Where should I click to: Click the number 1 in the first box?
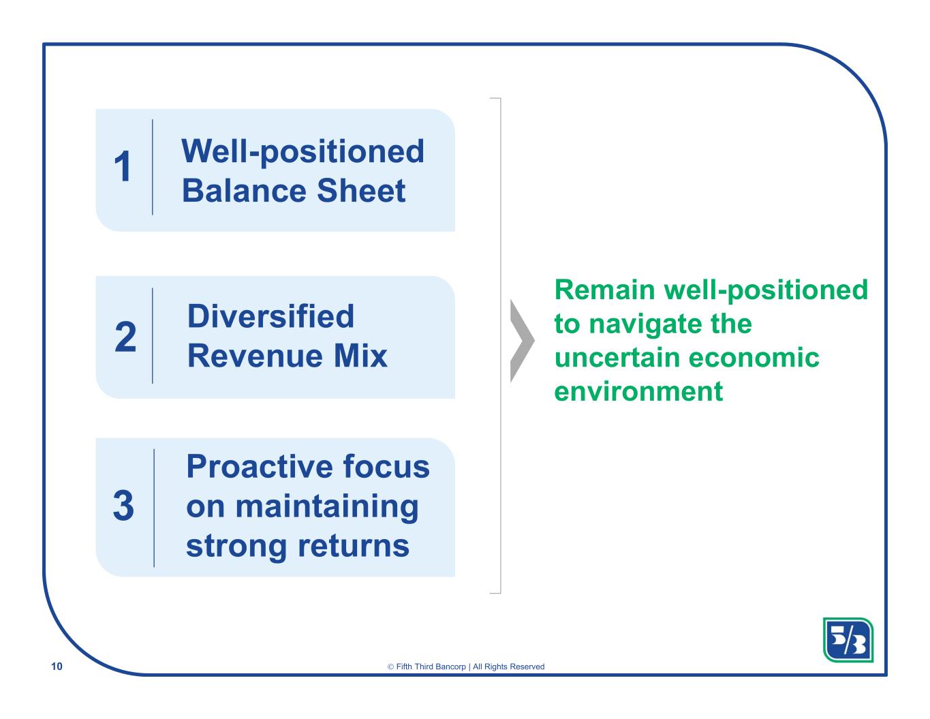[123, 166]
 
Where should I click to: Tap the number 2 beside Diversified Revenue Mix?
[125, 337]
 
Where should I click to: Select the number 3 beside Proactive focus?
[124, 506]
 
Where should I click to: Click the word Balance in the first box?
[243, 190]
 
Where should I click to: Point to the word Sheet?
[361, 190]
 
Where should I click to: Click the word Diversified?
[270, 316]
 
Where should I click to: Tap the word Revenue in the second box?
[255, 356]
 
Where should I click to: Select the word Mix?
[360, 356]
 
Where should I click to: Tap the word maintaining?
[327, 507]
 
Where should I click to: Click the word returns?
[354, 546]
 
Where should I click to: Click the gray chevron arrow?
[523, 341]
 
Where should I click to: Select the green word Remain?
[605, 290]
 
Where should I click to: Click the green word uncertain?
[617, 357]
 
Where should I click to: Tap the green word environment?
[638, 392]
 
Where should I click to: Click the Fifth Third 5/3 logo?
[848, 640]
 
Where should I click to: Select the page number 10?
[57, 667]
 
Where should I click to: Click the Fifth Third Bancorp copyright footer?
[465, 667]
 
